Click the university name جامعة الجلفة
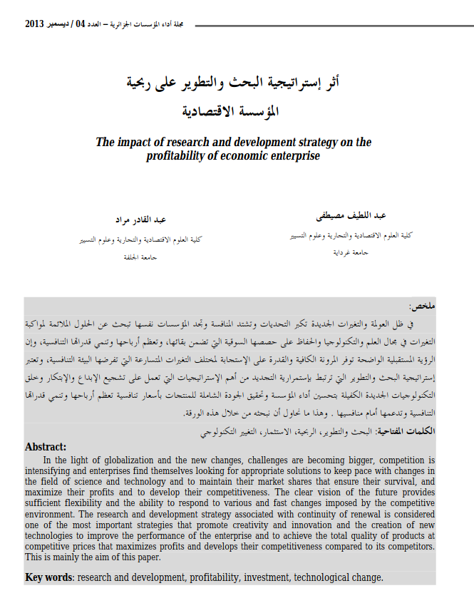coord(141,257)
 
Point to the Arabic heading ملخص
coord(422,306)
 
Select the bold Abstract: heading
coord(46,447)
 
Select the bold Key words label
coord(50,577)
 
